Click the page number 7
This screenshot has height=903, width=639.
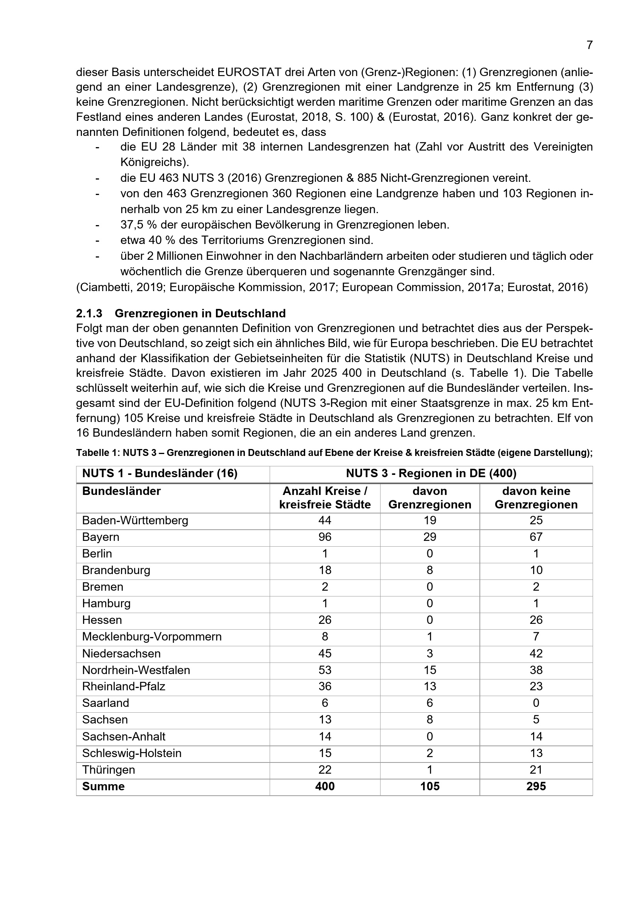(589, 45)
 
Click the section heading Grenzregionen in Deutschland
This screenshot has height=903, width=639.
(200, 313)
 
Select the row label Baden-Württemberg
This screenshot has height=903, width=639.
(135, 520)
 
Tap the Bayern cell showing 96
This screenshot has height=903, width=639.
(325, 537)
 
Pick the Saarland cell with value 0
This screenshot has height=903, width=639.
(535, 703)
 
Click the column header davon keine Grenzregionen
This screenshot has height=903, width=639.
(535, 498)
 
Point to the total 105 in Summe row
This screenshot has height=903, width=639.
(429, 786)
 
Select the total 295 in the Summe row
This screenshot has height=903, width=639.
(535, 786)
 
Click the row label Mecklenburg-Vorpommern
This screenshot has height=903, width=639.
(151, 636)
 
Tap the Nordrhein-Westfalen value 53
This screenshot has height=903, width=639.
(325, 670)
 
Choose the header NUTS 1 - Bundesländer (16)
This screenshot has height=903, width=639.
(160, 473)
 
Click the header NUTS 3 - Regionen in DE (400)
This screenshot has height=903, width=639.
(431, 473)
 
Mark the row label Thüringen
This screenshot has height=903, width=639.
(108, 770)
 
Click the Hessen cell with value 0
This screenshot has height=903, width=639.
(429, 620)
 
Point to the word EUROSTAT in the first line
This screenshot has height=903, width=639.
(249, 72)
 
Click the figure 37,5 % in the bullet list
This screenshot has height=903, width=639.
(138, 225)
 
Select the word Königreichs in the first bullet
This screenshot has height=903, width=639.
(153, 163)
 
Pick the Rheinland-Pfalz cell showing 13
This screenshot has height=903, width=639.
(429, 686)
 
